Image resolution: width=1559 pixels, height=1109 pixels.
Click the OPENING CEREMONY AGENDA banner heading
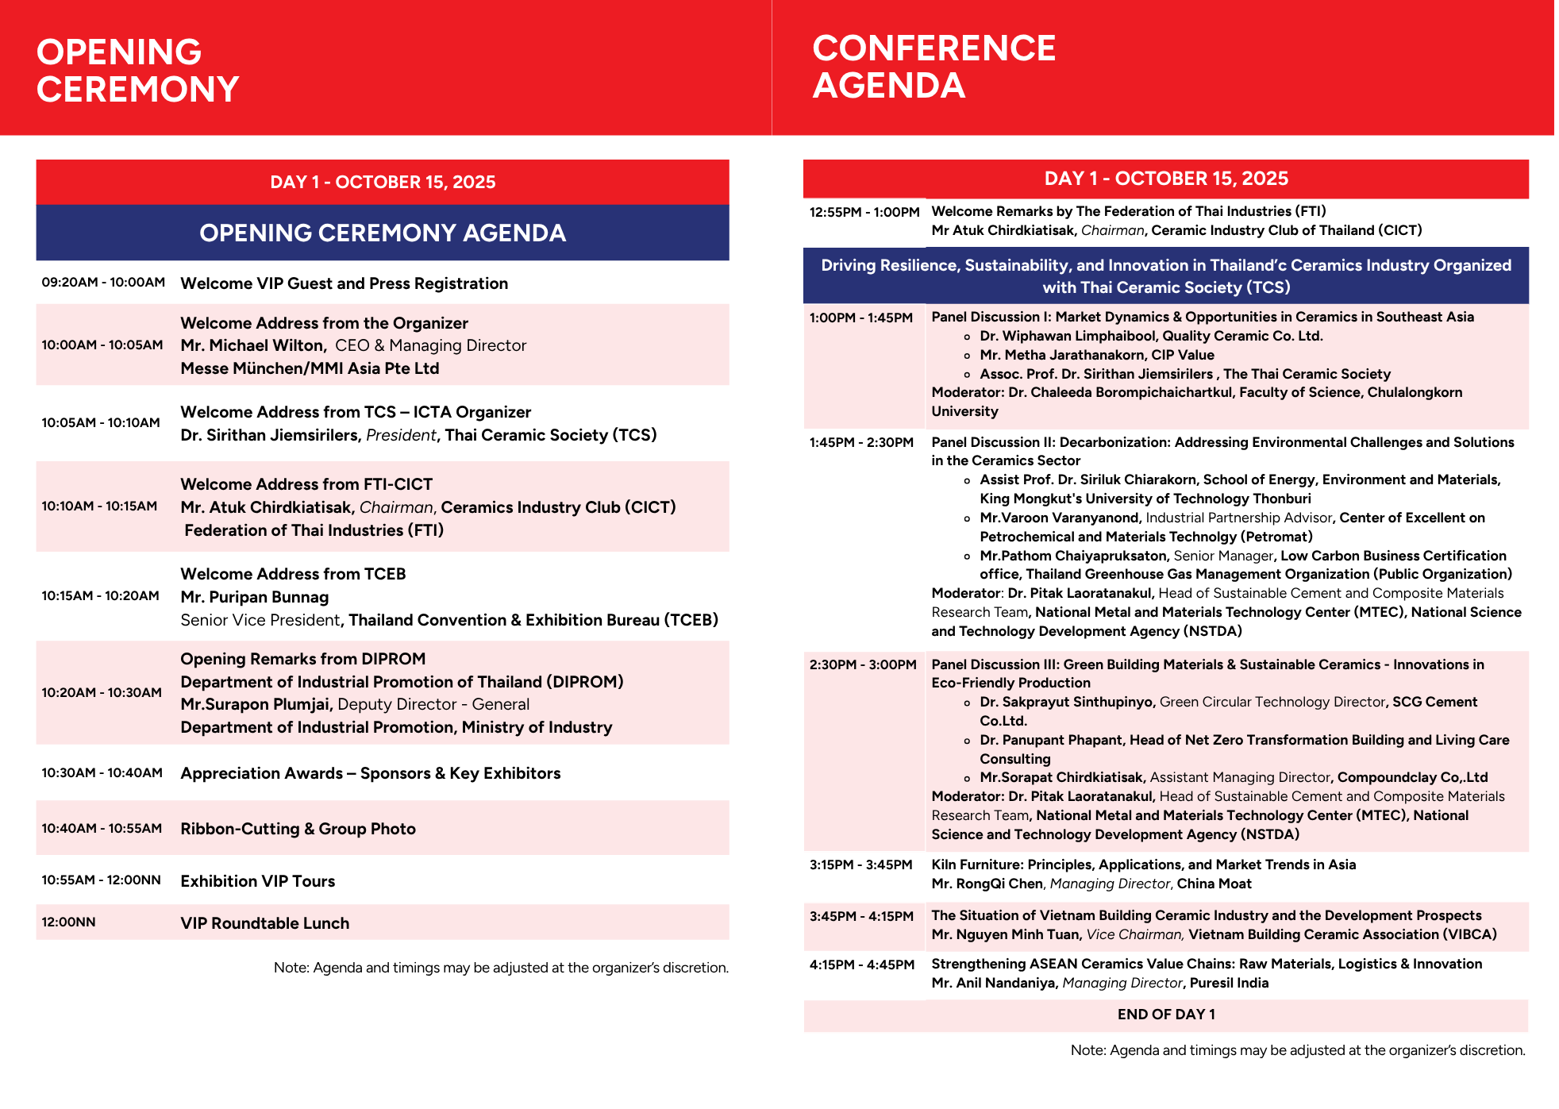tap(382, 233)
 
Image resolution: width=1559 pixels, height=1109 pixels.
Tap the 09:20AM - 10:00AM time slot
tap(103, 283)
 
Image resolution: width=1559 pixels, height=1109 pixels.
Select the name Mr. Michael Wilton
tap(252, 345)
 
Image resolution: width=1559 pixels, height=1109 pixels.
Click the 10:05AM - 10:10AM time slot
tap(101, 422)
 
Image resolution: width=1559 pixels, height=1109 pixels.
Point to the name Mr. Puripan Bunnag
tap(254, 597)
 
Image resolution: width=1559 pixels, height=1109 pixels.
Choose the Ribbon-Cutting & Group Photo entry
tap(298, 829)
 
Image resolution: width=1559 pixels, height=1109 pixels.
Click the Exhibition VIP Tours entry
tap(257, 881)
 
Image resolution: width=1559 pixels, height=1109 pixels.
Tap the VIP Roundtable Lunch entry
tap(264, 923)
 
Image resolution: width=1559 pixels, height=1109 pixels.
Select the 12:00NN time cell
tap(68, 922)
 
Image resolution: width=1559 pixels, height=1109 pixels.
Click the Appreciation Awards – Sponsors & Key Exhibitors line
tap(370, 773)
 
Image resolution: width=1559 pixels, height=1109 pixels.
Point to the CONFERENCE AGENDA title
tap(933, 67)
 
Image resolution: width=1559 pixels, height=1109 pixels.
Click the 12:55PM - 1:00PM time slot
tap(864, 212)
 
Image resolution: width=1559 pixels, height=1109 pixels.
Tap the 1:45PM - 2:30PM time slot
tap(861, 442)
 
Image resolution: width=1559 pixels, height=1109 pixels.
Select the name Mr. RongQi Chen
tap(987, 884)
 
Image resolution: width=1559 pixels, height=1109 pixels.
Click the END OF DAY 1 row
tap(1165, 1015)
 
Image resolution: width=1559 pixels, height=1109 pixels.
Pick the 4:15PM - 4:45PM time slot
tap(861, 965)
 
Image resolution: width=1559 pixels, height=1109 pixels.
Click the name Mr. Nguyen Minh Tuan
tap(1005, 934)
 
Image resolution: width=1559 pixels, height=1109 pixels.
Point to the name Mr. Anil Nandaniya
tap(993, 983)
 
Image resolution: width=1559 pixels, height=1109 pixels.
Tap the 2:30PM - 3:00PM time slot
tap(862, 664)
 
